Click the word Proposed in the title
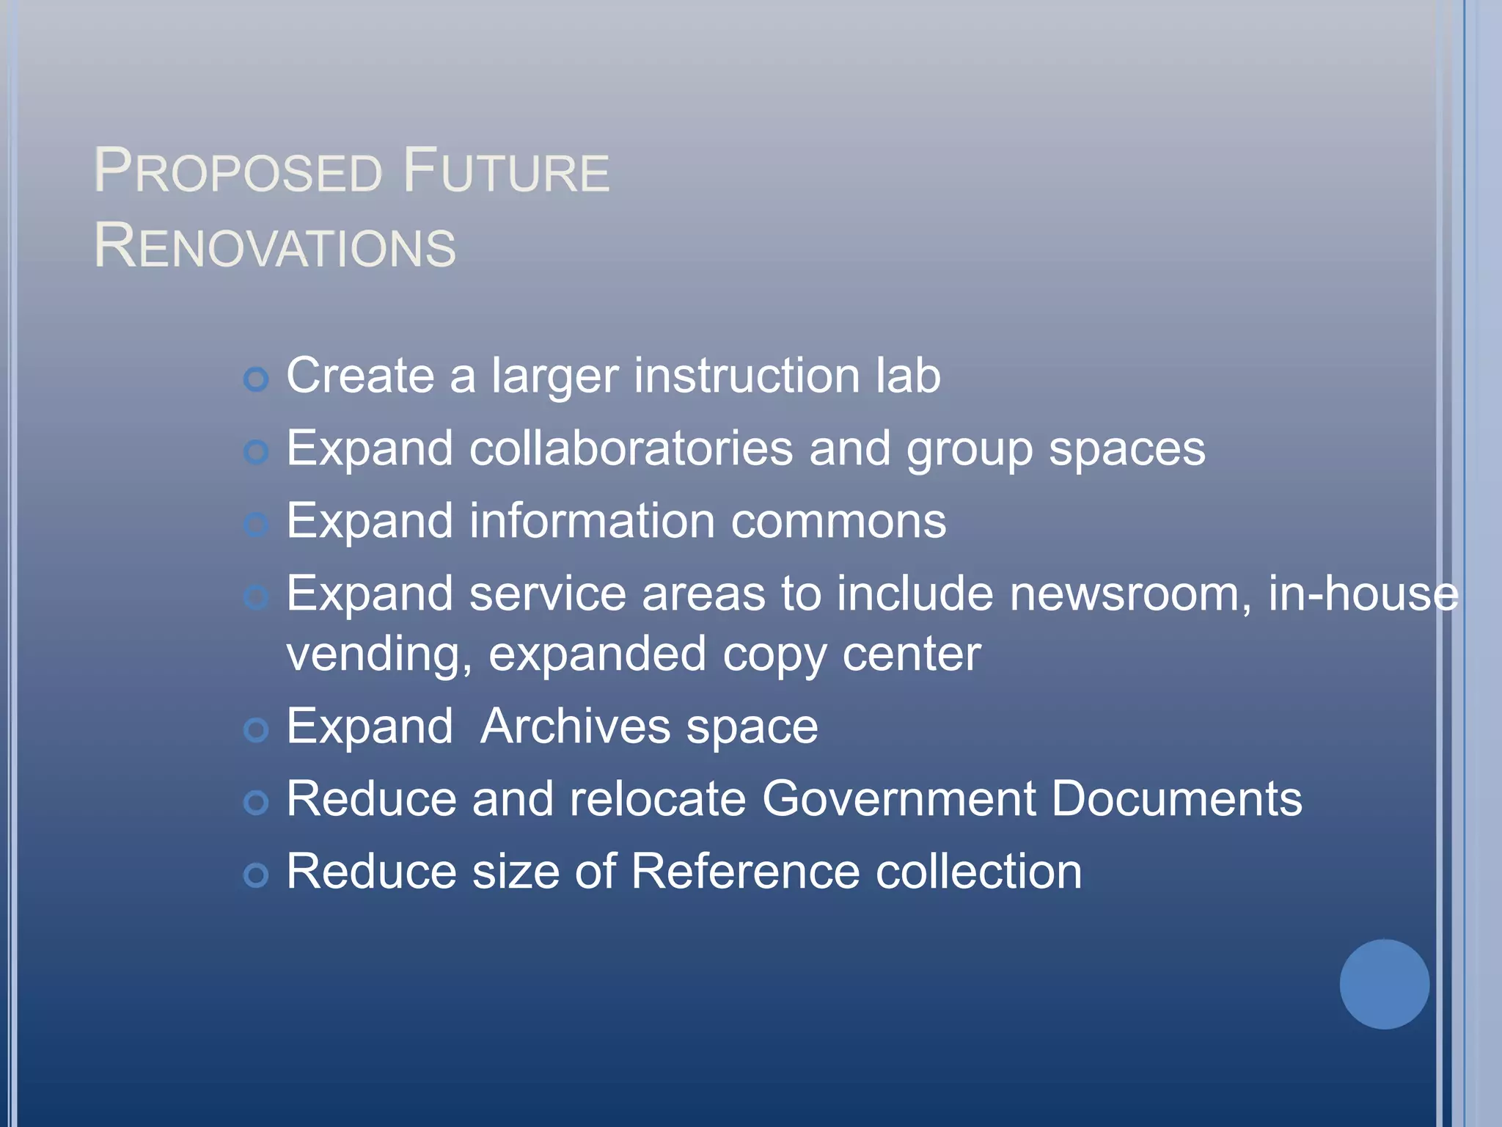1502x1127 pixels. pos(238,171)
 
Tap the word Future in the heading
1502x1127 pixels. pos(506,171)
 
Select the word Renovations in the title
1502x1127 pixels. pos(275,246)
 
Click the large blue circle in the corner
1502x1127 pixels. pos(1384,984)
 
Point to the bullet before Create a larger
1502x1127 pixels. pos(256,379)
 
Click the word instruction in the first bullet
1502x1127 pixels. pos(747,376)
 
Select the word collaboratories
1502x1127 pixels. pos(631,448)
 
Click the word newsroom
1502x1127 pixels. pos(1130,594)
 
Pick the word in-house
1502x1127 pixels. pos(1363,594)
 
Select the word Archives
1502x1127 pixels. pos(575,726)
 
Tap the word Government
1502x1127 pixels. pos(898,798)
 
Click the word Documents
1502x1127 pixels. pos(1176,798)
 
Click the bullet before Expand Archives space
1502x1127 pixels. pos(256,730)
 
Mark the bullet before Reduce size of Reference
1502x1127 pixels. pos(256,875)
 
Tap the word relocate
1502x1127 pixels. pos(658,798)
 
